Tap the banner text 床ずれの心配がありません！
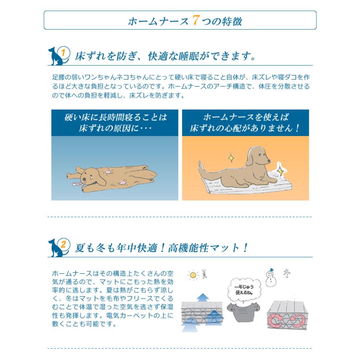(x=245, y=129)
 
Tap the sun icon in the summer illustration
(x=194, y=275)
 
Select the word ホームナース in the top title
(x=158, y=21)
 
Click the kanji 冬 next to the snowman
(x=287, y=274)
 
